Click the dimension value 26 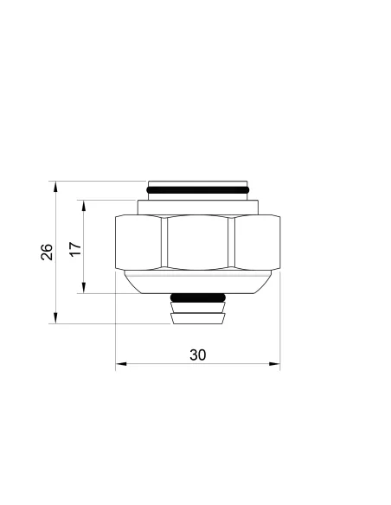point(47,252)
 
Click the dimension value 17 point(75,249)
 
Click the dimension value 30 point(198,355)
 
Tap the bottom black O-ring point(198,298)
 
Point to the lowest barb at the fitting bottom point(198,319)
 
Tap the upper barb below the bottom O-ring point(198,307)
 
